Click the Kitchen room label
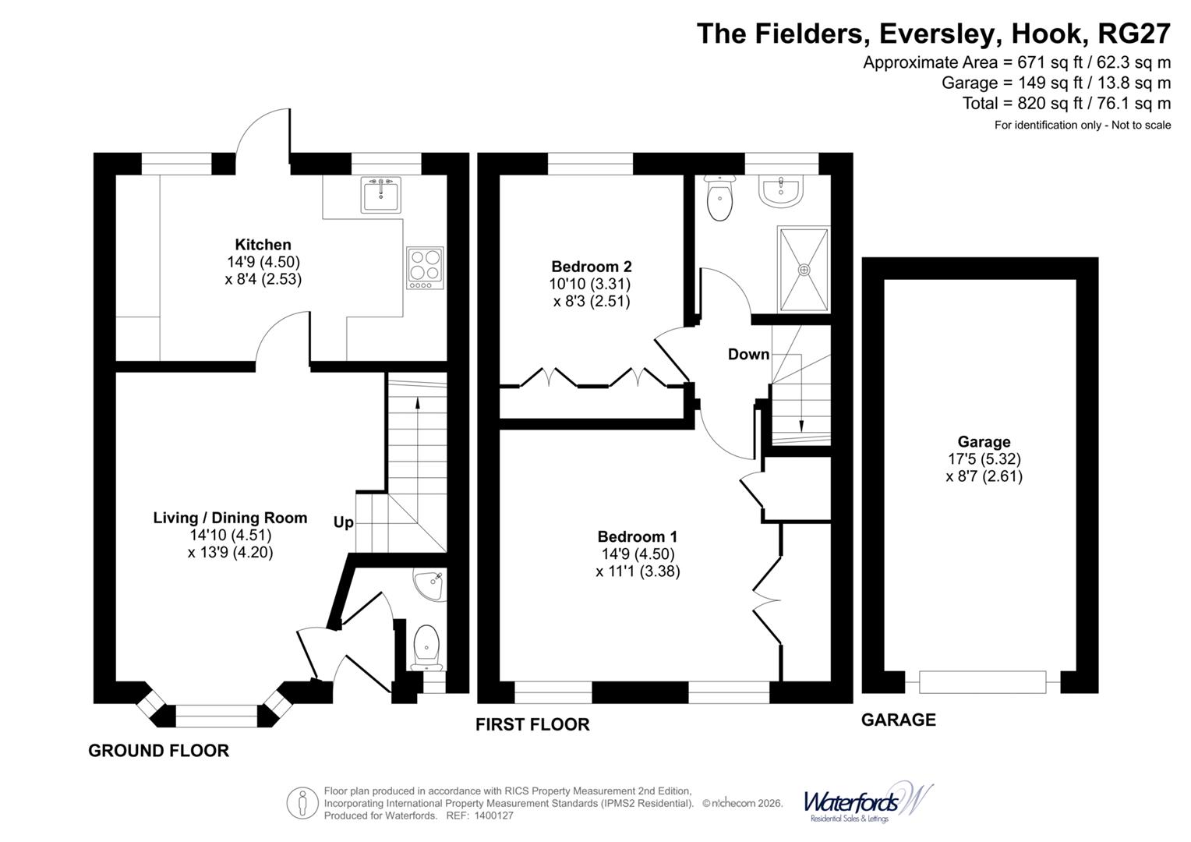click(x=263, y=245)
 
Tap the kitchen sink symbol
click(x=381, y=194)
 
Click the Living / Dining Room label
click(x=230, y=518)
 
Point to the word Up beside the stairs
click(x=343, y=522)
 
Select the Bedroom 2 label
click(x=591, y=267)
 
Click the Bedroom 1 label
click(x=637, y=536)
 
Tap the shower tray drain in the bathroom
click(x=804, y=269)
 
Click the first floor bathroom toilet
click(x=718, y=199)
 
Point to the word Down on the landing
click(x=748, y=355)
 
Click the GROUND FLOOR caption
click(x=158, y=751)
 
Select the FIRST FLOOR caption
click(x=532, y=725)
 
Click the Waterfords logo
click(x=867, y=802)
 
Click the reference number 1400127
click(x=490, y=815)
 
